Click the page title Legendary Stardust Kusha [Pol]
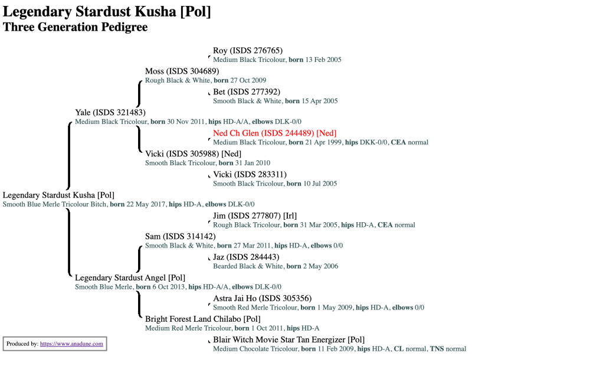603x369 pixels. tap(107, 11)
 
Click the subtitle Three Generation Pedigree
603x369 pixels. tap(75, 27)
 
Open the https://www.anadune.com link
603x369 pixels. tap(71, 344)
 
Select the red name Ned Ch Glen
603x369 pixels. tap(274, 133)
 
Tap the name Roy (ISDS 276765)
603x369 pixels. tap(247, 51)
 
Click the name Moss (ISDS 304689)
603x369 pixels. tap(182, 71)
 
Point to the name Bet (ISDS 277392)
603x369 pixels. tap(246, 92)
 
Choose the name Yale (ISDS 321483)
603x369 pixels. tap(110, 113)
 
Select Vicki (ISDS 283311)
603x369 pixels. tap(250, 174)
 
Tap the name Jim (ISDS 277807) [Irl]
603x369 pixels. tap(254, 216)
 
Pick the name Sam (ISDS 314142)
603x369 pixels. tap(180, 236)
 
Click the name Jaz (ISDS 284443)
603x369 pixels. tap(245, 257)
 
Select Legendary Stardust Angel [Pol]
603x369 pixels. tap(130, 278)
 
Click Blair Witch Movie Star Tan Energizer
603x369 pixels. tap(289, 340)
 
